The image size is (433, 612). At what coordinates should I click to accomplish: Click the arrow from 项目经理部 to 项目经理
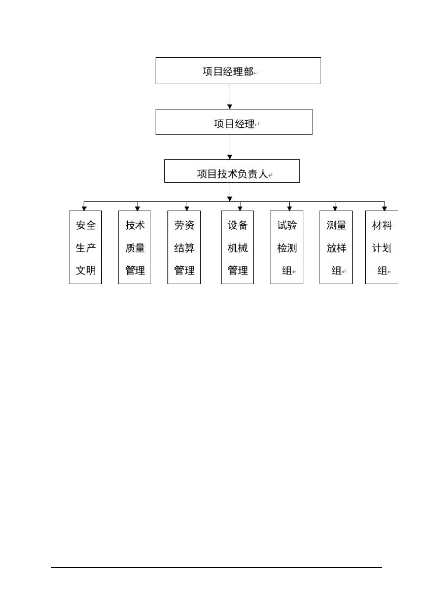230,97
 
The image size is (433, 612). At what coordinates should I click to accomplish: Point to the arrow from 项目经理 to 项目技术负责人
230,147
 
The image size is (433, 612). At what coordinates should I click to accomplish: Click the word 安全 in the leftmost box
86,225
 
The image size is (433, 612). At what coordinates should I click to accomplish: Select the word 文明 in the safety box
86,270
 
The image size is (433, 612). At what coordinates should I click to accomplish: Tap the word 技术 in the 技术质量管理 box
135,225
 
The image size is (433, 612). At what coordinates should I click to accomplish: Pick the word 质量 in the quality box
135,248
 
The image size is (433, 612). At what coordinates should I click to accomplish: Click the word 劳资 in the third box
184,225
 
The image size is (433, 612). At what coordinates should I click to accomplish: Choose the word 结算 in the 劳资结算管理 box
184,248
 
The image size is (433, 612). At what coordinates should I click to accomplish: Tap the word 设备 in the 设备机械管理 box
238,225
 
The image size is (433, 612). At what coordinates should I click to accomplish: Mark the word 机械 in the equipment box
238,248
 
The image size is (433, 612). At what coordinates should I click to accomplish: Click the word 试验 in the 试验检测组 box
287,225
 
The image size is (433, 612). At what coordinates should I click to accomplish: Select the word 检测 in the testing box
287,248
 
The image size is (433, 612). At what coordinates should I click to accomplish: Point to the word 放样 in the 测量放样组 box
336,248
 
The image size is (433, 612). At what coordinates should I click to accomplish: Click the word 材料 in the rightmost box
382,225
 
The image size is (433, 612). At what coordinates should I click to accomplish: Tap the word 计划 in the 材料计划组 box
382,248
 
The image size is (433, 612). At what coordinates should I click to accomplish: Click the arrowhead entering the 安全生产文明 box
84,208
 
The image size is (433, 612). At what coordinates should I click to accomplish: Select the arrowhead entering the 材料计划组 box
385,208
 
